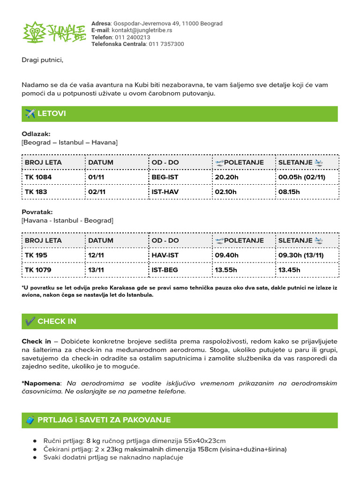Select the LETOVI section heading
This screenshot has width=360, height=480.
pos(52,114)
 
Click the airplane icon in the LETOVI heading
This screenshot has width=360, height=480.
pos(30,114)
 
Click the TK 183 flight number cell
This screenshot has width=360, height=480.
pos(36,192)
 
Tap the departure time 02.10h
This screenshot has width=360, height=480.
pos(227,192)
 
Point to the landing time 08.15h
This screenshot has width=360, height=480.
pos(289,192)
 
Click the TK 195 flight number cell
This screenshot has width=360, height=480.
pos(36,255)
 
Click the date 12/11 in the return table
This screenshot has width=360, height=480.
pos(97,255)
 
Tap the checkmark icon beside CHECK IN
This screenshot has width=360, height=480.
pos(30,321)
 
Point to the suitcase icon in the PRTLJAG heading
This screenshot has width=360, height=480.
pos(30,420)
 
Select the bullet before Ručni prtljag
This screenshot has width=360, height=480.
pos(35,441)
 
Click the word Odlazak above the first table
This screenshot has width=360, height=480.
pos(36,134)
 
